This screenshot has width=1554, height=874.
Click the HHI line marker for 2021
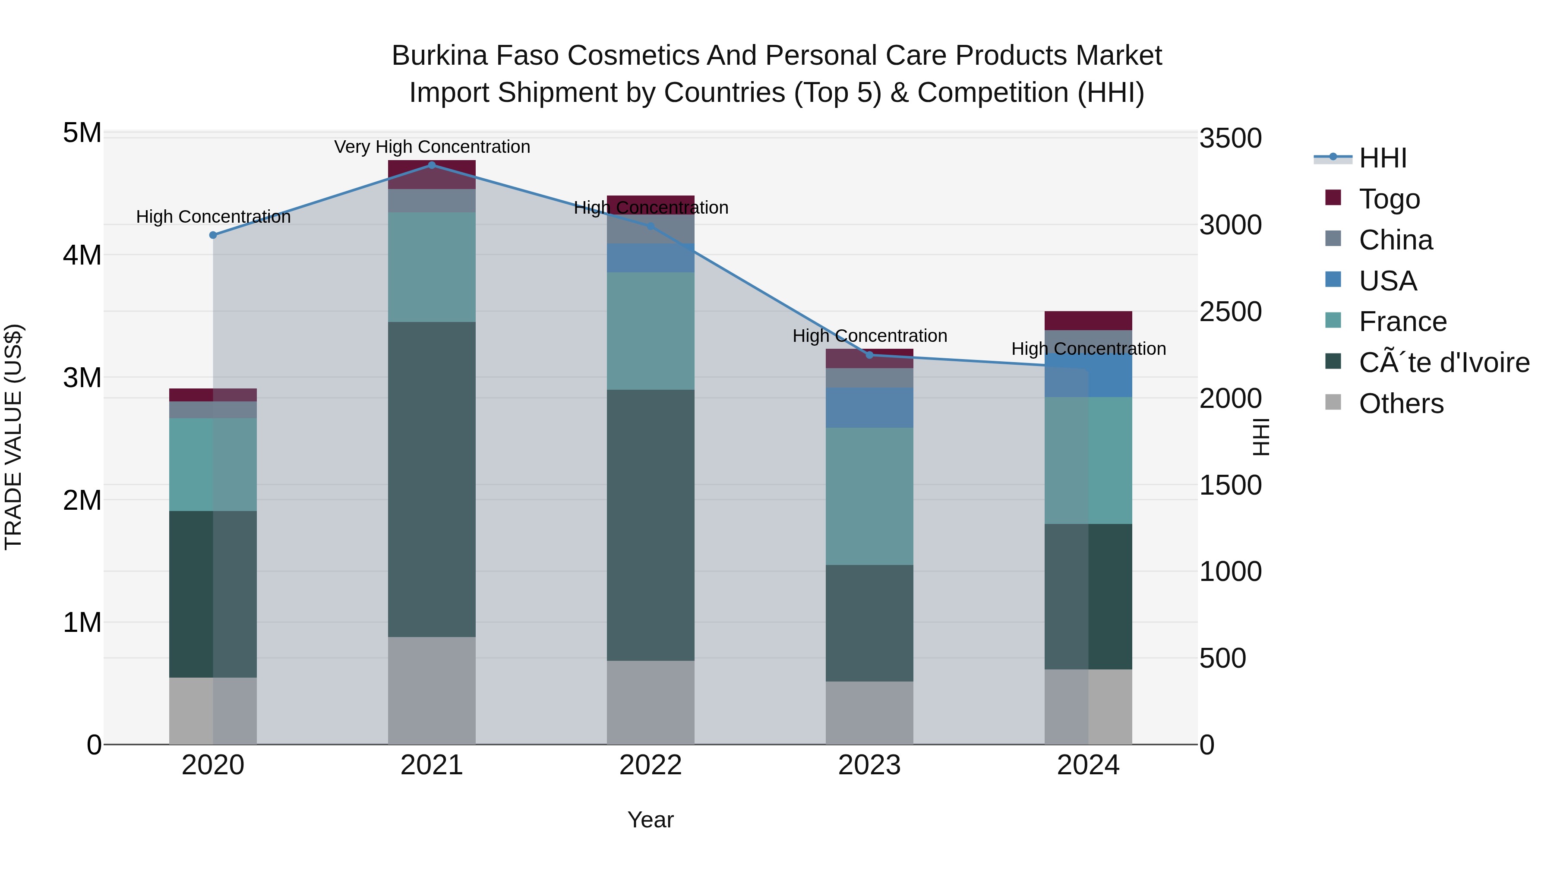[432, 165]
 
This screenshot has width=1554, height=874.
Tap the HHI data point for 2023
[869, 355]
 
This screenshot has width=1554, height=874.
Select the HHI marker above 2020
[213, 235]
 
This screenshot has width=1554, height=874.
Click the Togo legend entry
[1389, 199]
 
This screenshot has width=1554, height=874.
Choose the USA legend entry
[1387, 281]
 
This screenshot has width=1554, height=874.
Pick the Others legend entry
[1401, 404]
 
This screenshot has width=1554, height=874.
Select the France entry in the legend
[1402, 322]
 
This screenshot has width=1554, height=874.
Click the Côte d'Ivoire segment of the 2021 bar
[432, 479]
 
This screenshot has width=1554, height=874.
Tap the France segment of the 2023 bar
[869, 496]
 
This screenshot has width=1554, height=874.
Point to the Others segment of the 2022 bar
[651, 702]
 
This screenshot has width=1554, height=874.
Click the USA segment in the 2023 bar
[869, 408]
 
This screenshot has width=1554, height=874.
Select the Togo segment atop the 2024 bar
[1088, 320]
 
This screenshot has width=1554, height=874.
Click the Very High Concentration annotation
[432, 147]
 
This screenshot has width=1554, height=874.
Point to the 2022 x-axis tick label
[651, 765]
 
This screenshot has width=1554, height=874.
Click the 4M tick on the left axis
[82, 255]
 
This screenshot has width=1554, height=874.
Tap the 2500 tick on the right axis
[1230, 312]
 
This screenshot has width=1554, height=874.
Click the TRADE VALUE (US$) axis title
[14, 437]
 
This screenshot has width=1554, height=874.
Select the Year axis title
[651, 820]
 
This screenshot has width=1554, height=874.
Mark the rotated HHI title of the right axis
[1261, 437]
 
